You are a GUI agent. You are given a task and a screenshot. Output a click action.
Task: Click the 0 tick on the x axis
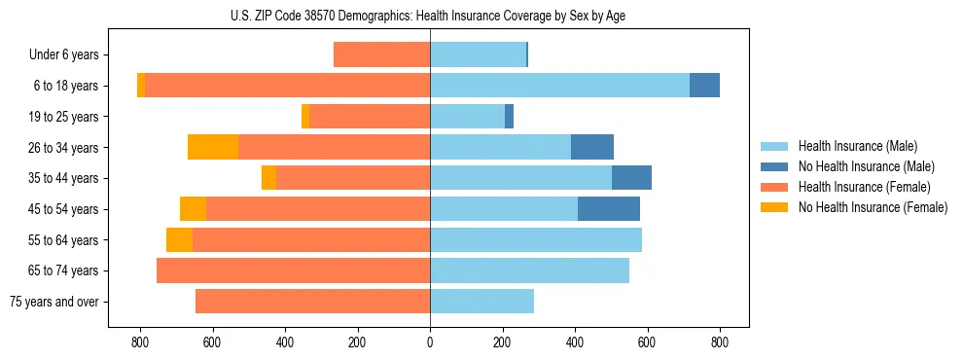[430, 342]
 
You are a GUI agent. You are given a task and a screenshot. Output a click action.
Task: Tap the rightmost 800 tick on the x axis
[720, 342]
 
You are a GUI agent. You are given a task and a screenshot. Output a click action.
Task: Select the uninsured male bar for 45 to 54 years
[609, 209]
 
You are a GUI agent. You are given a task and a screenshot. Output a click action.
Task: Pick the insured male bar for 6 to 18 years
[559, 86]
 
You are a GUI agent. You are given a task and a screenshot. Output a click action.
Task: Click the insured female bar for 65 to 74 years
[293, 270]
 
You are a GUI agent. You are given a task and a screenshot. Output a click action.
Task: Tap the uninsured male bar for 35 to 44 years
[631, 178]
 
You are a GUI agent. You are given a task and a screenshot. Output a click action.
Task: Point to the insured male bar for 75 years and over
[481, 302]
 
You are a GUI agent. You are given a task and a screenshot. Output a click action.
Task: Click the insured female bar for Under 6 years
[381, 54]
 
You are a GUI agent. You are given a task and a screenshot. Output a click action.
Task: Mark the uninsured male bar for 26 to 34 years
[592, 147]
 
